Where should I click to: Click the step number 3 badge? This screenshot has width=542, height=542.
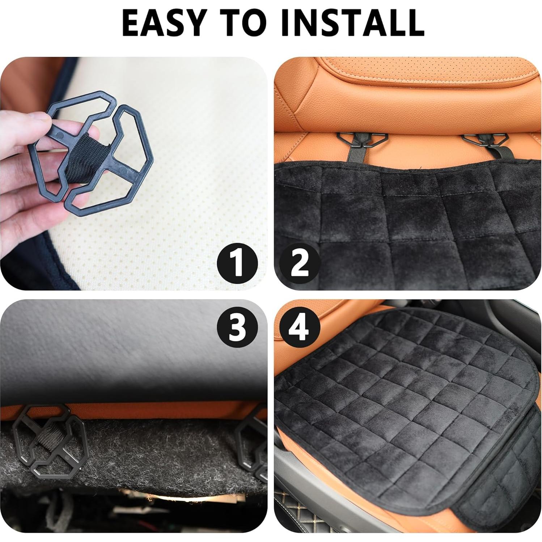pos(237,329)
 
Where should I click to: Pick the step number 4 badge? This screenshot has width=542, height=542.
pos(300,329)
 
